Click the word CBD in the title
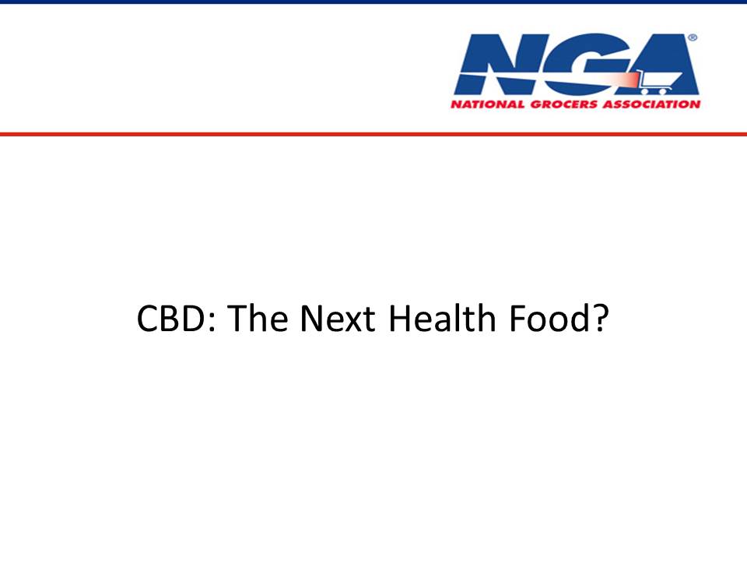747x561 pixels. (x=170, y=318)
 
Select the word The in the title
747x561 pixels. (x=257, y=318)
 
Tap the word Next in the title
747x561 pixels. (x=337, y=318)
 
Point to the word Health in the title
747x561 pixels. (x=442, y=318)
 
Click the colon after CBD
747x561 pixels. (x=212, y=322)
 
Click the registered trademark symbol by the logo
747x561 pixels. (x=693, y=37)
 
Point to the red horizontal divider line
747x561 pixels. (x=373, y=134)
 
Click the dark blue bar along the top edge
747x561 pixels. (x=373, y=2)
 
